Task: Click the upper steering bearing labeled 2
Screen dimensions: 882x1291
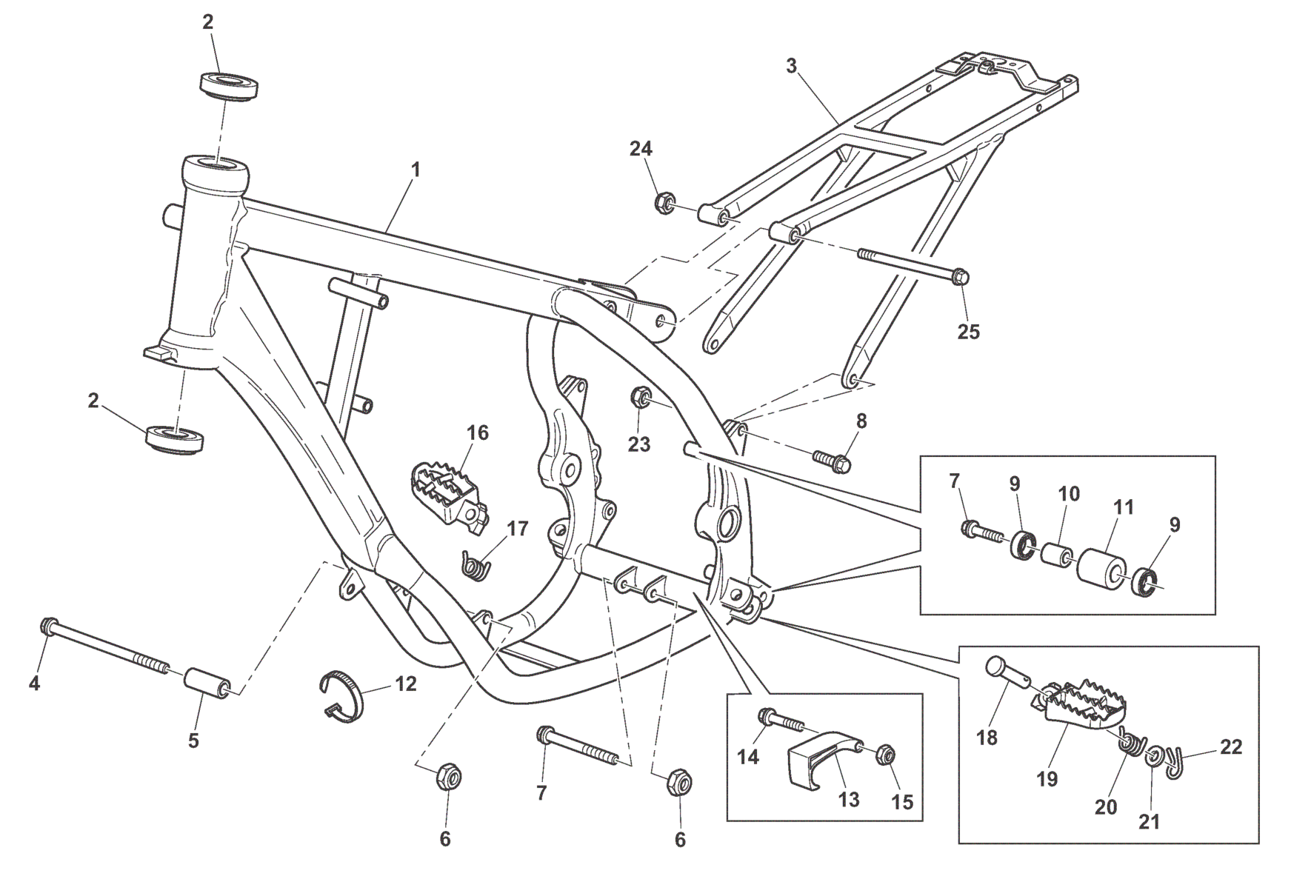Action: pos(230,84)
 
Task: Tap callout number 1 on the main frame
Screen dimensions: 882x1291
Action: pos(416,170)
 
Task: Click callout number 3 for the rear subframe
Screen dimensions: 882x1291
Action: pos(791,66)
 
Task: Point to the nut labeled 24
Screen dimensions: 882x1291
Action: pos(664,201)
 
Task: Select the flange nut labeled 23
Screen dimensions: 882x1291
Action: pos(640,398)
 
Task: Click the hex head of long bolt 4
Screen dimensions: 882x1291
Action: pos(47,627)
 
